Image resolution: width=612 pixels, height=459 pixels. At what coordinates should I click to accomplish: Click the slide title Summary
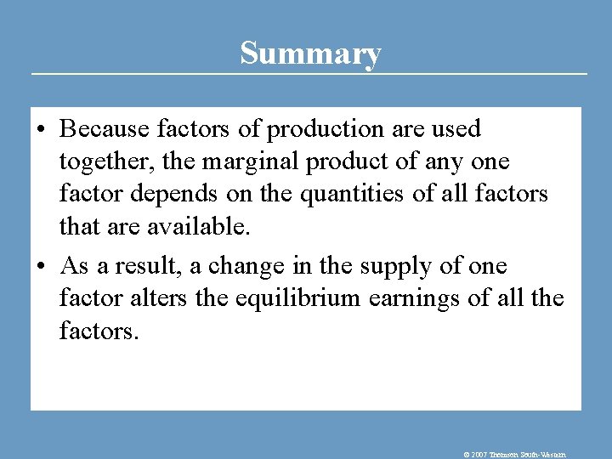[x=310, y=53]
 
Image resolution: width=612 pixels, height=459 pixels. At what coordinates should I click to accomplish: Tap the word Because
[x=104, y=129]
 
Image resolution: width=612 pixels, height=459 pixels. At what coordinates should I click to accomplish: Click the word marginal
[x=245, y=162]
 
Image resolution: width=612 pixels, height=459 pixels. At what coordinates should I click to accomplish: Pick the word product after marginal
[x=336, y=162]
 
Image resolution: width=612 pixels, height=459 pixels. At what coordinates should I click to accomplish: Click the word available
[x=200, y=227]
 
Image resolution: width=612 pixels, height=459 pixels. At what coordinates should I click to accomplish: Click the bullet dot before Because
[x=42, y=130]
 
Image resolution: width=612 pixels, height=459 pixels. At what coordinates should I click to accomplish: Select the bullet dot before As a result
[x=42, y=267]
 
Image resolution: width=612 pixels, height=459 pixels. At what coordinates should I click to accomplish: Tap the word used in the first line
[x=458, y=129]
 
